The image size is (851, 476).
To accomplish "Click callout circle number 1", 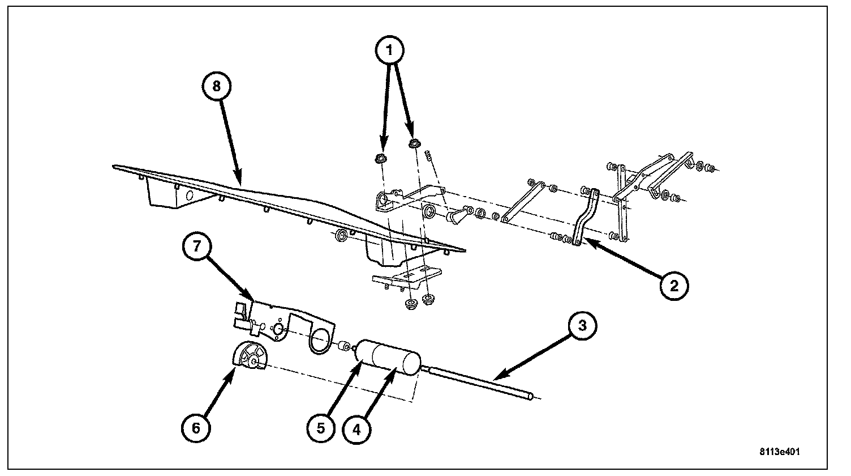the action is [x=389, y=50].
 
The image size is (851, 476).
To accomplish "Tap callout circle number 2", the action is [x=674, y=286].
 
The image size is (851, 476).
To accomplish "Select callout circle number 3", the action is [x=582, y=325].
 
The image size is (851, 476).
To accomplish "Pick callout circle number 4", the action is [x=356, y=429].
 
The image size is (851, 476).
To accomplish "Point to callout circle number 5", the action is [x=321, y=428].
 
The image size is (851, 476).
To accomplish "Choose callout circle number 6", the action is [x=196, y=428].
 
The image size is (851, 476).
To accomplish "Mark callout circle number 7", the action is [x=196, y=246].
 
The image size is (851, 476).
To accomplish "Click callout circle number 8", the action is [x=216, y=86].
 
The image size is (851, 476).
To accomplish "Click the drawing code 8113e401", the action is [x=780, y=452].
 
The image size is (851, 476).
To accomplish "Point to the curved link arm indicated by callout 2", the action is [x=585, y=218].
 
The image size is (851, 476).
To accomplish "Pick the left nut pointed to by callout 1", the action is [x=380, y=159].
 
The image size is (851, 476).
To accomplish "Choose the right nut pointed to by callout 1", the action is [x=414, y=144].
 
